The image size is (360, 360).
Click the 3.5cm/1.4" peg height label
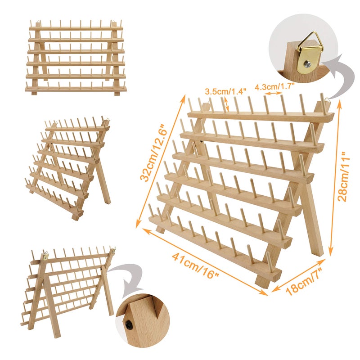coord(226,91)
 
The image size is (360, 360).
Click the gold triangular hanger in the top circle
coord(307,45)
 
